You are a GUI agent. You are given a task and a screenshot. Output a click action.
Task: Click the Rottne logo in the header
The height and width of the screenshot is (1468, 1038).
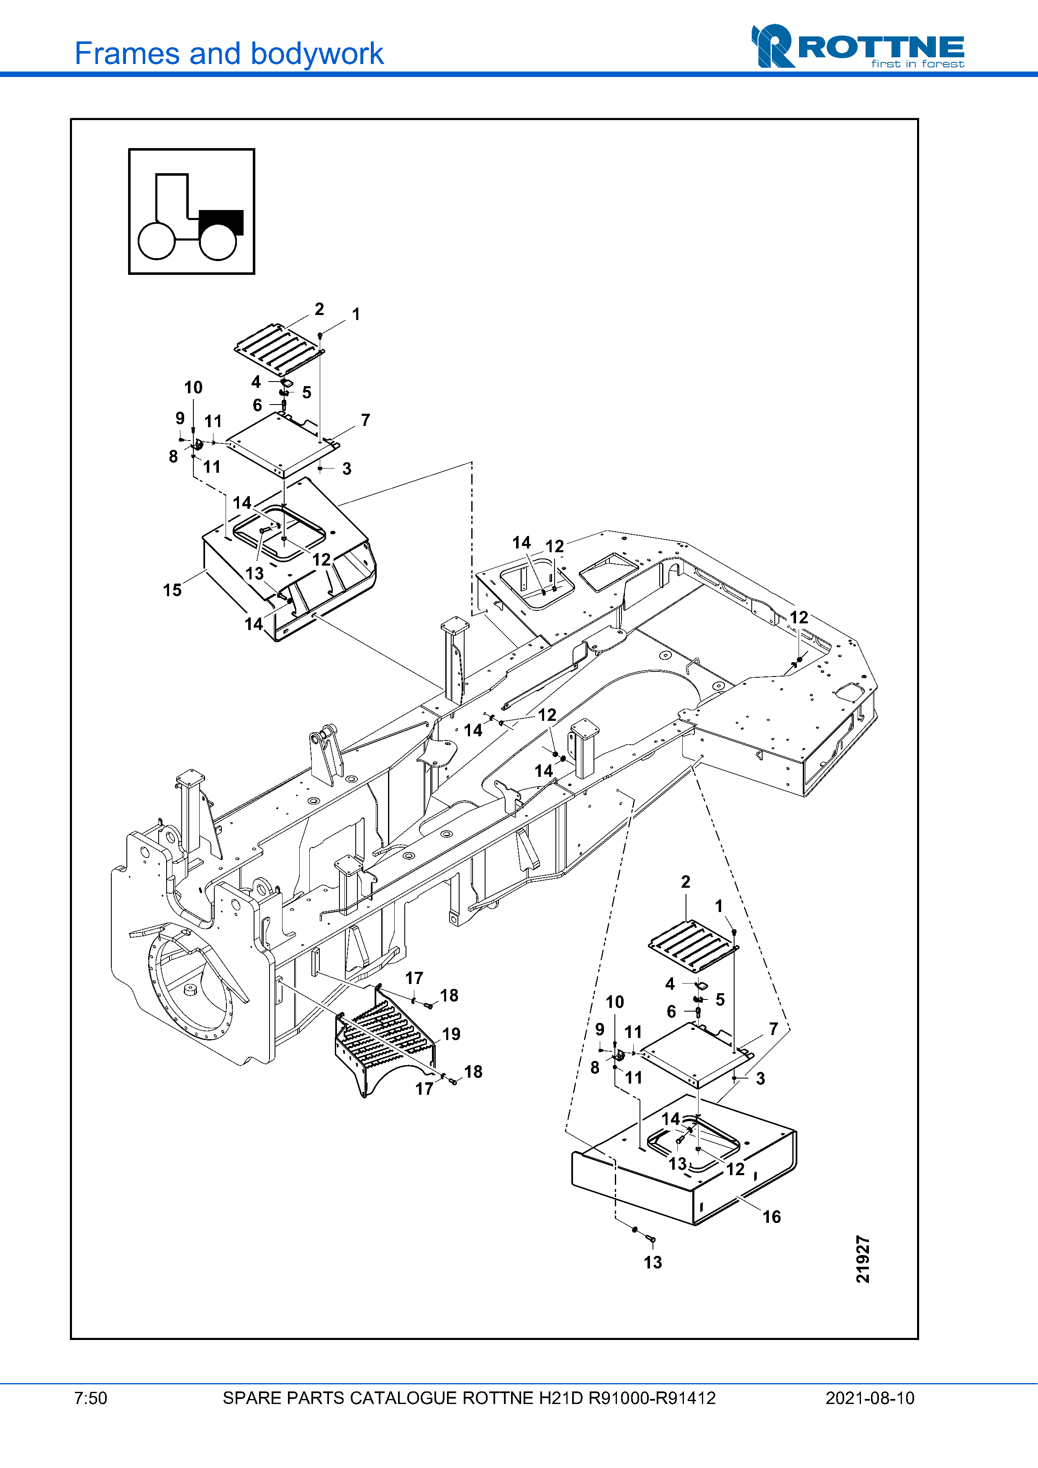point(857,47)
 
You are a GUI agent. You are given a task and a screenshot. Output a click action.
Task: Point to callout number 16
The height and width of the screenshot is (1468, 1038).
point(771,1217)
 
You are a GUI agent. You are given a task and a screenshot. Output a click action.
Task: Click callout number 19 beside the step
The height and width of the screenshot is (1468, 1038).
point(452,1034)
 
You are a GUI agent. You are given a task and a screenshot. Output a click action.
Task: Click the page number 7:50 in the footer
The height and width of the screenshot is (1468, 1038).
point(91,1398)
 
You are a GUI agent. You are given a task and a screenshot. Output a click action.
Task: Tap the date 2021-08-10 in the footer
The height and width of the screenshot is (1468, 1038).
point(870,1398)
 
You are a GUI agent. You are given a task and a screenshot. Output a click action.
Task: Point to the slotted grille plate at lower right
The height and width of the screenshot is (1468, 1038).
point(693,945)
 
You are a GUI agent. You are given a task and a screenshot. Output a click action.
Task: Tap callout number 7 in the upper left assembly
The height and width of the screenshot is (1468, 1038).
point(365,420)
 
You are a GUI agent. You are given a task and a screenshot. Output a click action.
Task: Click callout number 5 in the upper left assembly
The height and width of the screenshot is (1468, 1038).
point(307,392)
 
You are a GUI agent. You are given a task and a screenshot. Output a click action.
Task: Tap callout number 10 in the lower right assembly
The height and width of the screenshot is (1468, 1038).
point(614,1002)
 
